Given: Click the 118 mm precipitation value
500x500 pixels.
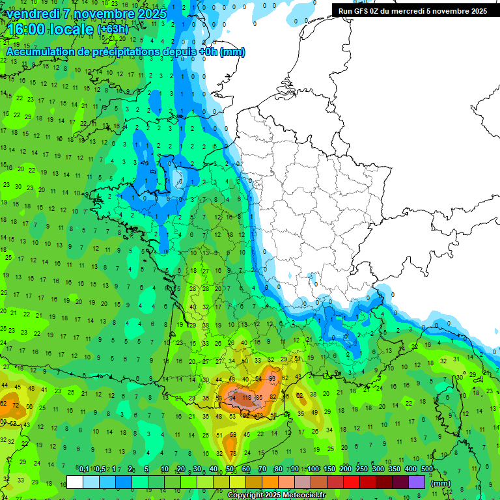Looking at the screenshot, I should tap(247, 397).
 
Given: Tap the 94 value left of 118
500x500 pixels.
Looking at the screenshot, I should tap(232, 397).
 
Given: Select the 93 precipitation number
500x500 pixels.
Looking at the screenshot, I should tap(272, 378).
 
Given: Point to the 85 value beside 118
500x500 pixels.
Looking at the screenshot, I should tap(259, 397).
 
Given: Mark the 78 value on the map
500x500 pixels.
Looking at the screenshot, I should tap(232, 453).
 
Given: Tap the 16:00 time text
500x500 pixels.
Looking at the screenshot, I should tap(30, 29).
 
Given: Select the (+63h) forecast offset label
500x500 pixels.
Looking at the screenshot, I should tap(112, 29).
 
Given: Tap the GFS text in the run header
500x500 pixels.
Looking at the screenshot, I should tap(363, 11).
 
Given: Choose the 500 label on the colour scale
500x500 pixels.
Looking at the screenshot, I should tap(427, 469).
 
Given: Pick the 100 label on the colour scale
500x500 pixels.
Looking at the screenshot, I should tap(312, 469).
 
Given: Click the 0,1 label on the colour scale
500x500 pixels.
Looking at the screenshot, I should tap(83, 469).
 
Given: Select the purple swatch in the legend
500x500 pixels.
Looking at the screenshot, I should tap(417, 482).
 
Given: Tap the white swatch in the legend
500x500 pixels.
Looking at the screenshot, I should tap(75, 482).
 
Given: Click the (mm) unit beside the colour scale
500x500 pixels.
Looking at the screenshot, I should tap(441, 483).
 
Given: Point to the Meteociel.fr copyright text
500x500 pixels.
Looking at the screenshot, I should tap(276, 495).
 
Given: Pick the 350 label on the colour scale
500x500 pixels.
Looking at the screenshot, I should tap(394, 469).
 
